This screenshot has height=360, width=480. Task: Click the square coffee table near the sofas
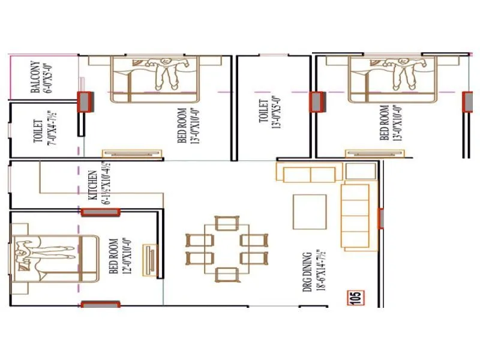point(310,211)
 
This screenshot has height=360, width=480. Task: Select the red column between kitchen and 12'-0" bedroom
point(101,211)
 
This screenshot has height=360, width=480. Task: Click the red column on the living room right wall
point(380,218)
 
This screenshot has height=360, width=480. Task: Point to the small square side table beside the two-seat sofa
point(359,170)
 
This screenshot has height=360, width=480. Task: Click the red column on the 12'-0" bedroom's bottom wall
point(101,305)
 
